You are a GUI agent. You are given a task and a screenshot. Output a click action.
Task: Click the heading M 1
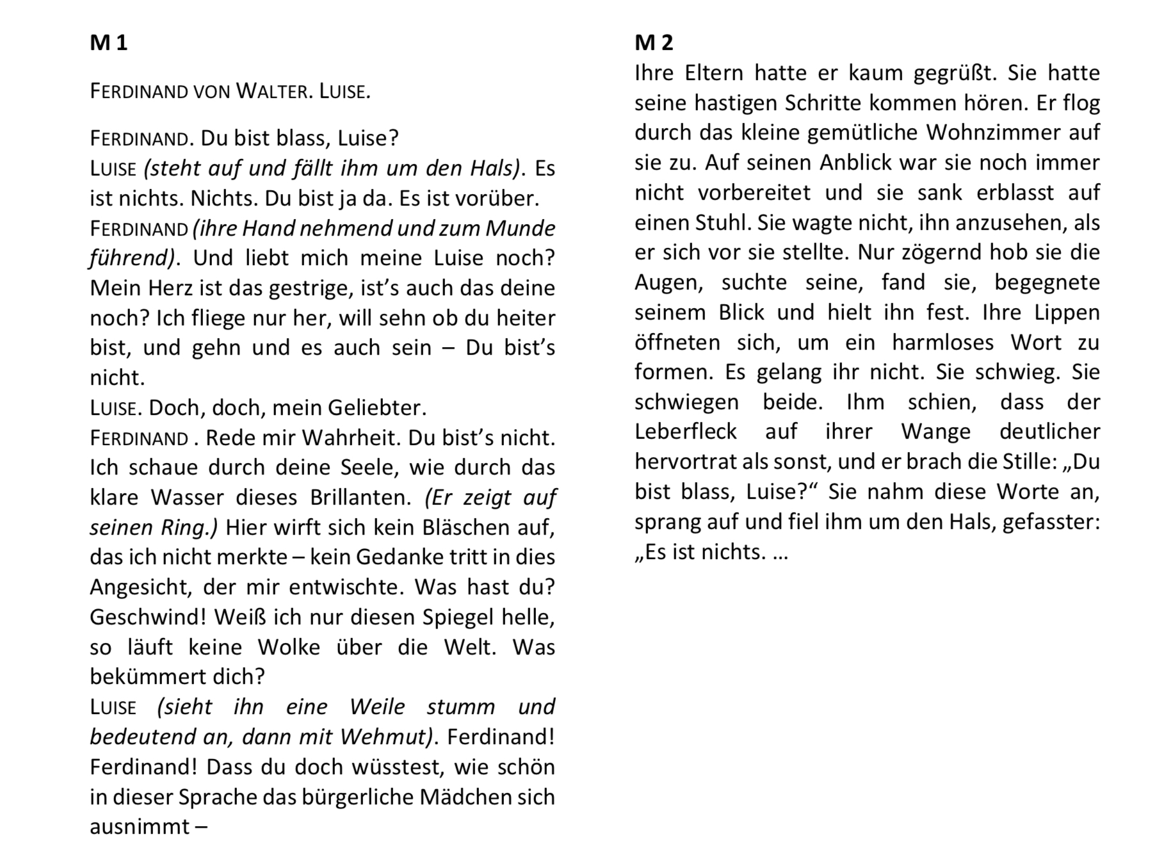tap(109, 43)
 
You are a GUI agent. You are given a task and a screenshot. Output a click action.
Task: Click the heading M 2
tap(654, 43)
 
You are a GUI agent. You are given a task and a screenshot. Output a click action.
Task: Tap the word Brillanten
tap(362, 498)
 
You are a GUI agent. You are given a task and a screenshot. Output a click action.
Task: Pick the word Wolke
tap(289, 647)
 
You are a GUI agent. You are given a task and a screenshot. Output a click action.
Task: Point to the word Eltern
tap(714, 73)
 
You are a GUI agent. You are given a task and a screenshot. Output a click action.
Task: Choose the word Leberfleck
tap(686, 432)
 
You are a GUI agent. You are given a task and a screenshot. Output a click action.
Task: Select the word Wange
tap(936, 432)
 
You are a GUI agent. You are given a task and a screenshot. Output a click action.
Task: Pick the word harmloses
tap(943, 343)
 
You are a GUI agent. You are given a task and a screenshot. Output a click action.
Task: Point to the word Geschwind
tap(148, 617)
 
